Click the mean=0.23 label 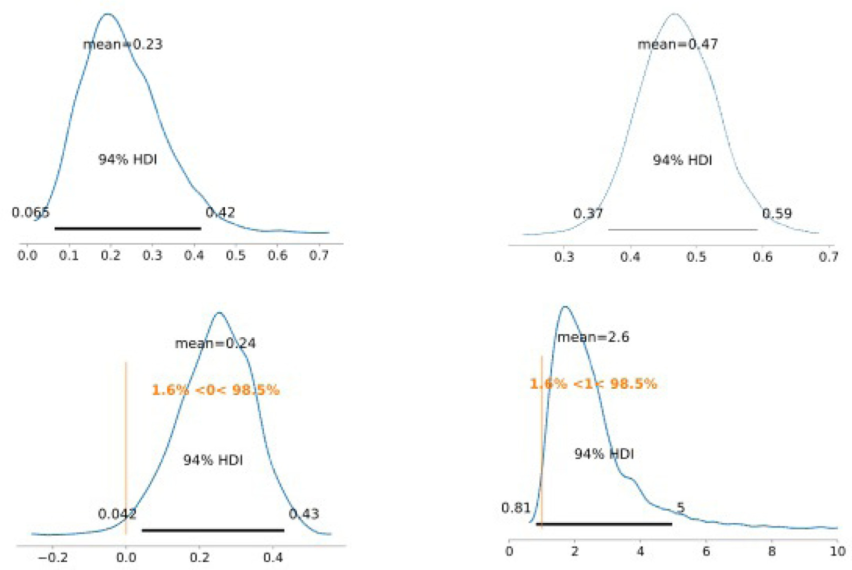122,44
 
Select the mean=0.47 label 677,44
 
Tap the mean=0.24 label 215,344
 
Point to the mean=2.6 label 593,337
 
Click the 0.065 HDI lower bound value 30,213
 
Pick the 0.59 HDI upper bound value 777,214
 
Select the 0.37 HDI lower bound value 588,214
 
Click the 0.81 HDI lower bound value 515,508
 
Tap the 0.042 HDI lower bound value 117,514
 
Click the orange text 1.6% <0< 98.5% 215,390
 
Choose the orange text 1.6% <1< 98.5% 593,384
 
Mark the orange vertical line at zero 126,450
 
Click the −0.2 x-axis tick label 52,557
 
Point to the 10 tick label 837,551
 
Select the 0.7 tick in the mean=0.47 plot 828,257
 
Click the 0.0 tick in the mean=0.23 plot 27,256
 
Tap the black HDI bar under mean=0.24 213,530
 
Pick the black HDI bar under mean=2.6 604,524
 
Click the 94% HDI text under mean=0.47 682,160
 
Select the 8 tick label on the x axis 771,551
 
